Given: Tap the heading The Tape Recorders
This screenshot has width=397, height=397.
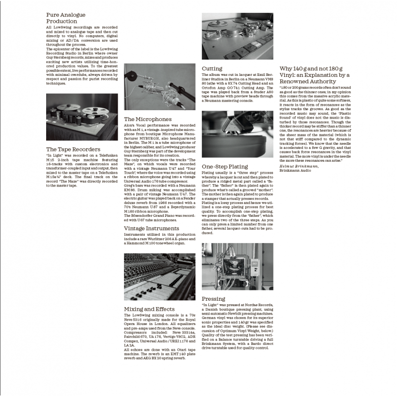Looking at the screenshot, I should click(x=73, y=149).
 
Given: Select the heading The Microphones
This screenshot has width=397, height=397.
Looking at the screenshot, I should click(x=148, y=119).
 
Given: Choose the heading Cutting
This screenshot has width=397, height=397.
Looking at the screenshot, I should click(x=212, y=68).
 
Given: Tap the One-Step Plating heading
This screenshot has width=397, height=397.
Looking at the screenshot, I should click(x=224, y=167).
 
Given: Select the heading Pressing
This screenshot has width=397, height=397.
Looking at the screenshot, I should click(x=213, y=299).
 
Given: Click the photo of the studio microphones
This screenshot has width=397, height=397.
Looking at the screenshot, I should click(x=160, y=87).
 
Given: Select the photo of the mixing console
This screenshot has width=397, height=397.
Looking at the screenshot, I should click(x=160, y=277).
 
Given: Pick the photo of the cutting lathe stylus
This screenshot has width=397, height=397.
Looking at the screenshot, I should click(x=238, y=134).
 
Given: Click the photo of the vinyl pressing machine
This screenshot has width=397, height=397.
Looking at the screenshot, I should click(x=238, y=266).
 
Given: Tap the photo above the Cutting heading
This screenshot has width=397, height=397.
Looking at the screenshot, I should click(x=238, y=36).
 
